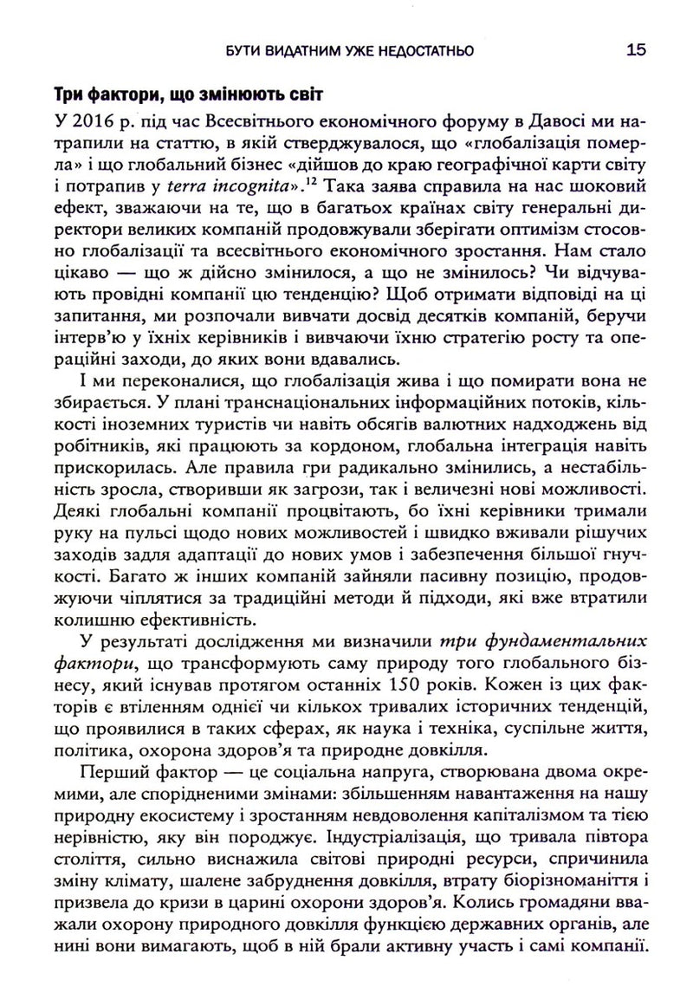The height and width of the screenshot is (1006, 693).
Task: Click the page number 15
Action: pyautogui.click(x=634, y=51)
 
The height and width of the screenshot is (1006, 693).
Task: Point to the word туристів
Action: pyautogui.click(x=203, y=444)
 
